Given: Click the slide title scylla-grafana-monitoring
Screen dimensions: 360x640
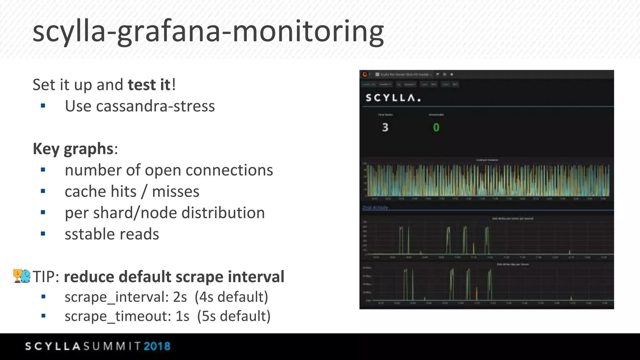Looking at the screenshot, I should (208, 31).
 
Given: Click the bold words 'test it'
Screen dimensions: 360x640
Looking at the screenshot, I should (149, 85).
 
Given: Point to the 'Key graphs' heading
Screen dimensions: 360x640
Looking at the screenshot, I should (73, 149).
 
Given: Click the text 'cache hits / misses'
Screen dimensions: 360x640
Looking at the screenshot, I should (132, 192).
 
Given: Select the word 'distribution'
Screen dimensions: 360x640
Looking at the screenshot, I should (223, 213).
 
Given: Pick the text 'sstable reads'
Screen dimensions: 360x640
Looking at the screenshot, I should (112, 234).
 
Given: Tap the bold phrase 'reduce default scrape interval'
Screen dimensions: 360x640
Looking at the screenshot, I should (174, 277).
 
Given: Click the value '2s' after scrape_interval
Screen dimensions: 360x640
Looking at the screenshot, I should (180, 297).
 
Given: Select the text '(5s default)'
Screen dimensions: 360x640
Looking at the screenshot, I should (234, 316).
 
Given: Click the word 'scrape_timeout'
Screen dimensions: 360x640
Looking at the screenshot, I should (118, 316).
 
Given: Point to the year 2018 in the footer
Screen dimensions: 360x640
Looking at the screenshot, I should (157, 346).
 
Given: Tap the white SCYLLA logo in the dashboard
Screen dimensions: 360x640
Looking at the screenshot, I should (393, 98).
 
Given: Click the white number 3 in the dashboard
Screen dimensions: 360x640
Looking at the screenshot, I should (385, 127).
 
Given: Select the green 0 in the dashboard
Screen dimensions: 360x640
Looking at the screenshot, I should (436, 127).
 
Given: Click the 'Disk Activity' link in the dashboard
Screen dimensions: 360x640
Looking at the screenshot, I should (375, 207).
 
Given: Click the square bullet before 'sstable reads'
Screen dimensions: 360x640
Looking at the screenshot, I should (43, 234).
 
